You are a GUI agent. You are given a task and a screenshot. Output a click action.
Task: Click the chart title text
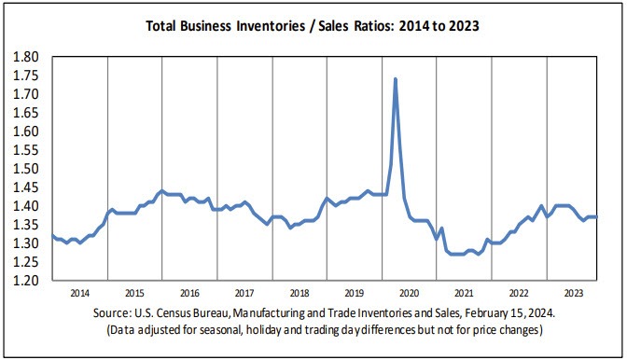click(x=313, y=25)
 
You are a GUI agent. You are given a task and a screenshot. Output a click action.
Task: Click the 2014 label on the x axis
click(x=79, y=292)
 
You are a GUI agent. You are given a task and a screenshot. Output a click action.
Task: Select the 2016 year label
click(x=190, y=292)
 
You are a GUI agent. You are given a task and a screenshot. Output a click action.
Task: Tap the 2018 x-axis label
click(x=299, y=292)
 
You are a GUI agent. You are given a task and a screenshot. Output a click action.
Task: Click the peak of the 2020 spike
click(x=396, y=79)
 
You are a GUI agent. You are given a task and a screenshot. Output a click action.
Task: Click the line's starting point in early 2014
click(x=52, y=235)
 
